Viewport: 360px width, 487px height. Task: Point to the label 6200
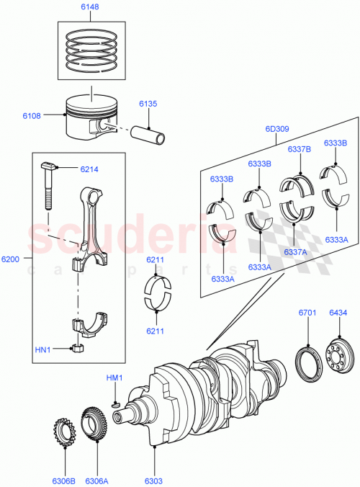[12, 257]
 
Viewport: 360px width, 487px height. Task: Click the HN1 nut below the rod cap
[78, 350]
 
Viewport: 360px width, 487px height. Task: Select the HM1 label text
[115, 378]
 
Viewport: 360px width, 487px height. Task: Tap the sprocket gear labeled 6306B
[66, 433]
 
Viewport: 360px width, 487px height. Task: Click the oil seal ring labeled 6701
[308, 358]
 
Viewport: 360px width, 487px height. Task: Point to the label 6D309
[276, 129]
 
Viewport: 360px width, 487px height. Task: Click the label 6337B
[299, 149]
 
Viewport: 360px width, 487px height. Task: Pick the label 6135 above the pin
[148, 104]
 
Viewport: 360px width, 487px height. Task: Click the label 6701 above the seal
[308, 312]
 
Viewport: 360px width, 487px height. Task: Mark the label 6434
[338, 312]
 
